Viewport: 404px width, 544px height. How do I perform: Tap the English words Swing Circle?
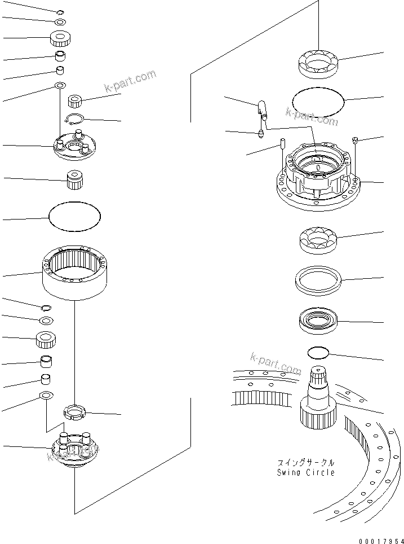(x=305, y=472)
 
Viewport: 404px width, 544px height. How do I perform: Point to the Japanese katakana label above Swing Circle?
(x=305, y=460)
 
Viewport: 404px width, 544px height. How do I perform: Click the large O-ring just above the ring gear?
(x=74, y=216)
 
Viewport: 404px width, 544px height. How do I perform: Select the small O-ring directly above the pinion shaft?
(x=318, y=353)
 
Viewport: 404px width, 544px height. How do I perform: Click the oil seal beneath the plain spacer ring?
(x=318, y=320)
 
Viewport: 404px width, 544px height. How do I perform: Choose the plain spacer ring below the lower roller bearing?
(x=318, y=278)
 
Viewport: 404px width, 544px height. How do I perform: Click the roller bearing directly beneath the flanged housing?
(x=318, y=239)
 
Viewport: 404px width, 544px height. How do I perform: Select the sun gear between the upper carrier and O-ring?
(x=75, y=180)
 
